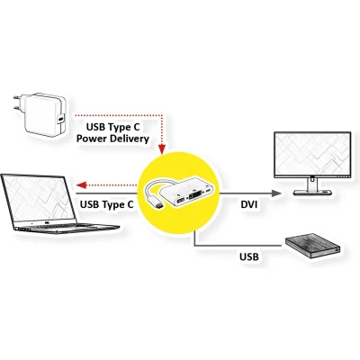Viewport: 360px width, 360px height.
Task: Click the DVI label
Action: [249, 205]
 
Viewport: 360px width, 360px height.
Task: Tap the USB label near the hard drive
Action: [249, 256]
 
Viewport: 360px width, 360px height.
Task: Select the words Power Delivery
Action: [112, 139]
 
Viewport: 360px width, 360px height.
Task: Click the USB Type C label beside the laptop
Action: [107, 205]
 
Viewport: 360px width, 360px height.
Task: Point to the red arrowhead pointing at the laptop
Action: [82, 184]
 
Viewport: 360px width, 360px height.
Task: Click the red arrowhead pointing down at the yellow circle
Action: [162, 148]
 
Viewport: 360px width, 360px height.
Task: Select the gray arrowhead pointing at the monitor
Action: [276, 193]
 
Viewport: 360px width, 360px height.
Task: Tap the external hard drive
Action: [313, 246]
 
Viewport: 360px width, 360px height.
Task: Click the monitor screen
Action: [312, 154]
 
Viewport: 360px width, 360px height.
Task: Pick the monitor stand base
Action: [312, 193]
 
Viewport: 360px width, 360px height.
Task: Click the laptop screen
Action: [38, 198]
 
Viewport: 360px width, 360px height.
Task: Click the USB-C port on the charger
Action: [61, 118]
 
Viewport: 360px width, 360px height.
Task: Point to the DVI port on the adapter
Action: [195, 197]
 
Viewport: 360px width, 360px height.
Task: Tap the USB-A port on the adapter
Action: [180, 202]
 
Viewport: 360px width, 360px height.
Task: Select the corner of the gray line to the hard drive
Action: [195, 246]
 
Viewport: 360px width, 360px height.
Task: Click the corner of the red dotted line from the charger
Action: [162, 115]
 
